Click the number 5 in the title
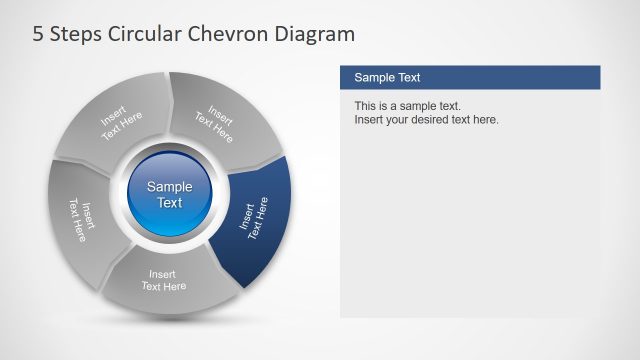(38, 35)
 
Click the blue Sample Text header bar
(470, 77)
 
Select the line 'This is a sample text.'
(407, 106)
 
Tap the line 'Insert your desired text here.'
(426, 120)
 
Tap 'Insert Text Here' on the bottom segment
(164, 280)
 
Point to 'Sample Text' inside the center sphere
(170, 194)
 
